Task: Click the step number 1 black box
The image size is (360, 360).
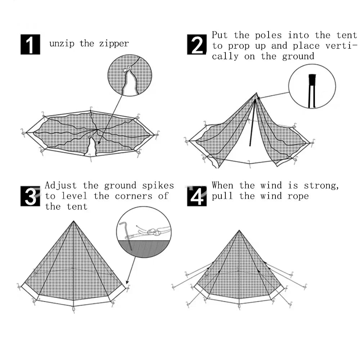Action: (30, 45)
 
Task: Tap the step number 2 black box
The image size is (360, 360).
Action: (197, 45)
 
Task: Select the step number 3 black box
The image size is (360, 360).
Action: (30, 196)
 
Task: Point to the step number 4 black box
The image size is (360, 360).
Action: (197, 196)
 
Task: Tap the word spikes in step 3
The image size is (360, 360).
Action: (158, 186)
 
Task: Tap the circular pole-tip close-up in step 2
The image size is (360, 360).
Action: (312, 86)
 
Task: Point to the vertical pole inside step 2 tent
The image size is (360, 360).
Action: (253, 124)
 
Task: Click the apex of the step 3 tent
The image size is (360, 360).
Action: (73, 221)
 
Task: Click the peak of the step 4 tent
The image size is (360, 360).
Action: (239, 231)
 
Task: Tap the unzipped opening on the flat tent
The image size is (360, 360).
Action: (92, 147)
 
